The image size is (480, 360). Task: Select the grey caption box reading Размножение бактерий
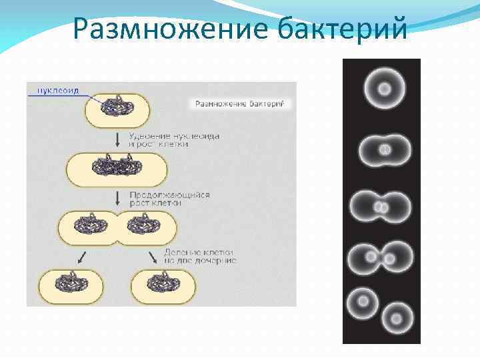point(239,103)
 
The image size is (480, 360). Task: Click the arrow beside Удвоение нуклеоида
point(117,139)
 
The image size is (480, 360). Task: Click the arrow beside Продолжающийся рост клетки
point(117,197)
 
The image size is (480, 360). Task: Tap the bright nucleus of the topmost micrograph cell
point(385,89)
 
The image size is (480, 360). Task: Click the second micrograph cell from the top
point(385,151)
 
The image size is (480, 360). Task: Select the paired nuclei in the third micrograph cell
point(381,208)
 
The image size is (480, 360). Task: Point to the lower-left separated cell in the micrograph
point(363,302)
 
